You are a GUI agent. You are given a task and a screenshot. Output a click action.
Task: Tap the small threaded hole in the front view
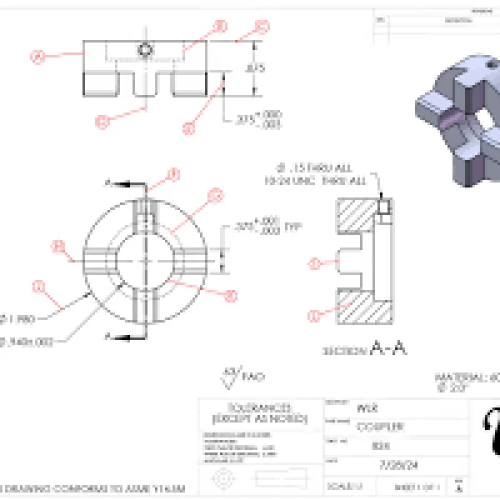click(146, 49)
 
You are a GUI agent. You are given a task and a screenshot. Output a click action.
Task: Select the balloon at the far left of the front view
click(37, 57)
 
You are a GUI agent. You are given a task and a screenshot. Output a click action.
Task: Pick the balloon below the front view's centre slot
click(102, 122)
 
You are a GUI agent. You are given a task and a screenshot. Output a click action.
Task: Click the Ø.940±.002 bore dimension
click(29, 341)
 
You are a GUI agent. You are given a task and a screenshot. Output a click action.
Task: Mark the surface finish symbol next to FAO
click(230, 377)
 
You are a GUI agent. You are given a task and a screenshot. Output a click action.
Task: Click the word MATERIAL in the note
click(467, 377)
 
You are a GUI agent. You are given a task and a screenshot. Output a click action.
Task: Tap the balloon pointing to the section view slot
click(314, 263)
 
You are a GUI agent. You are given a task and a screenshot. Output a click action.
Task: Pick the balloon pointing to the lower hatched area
click(314, 316)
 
